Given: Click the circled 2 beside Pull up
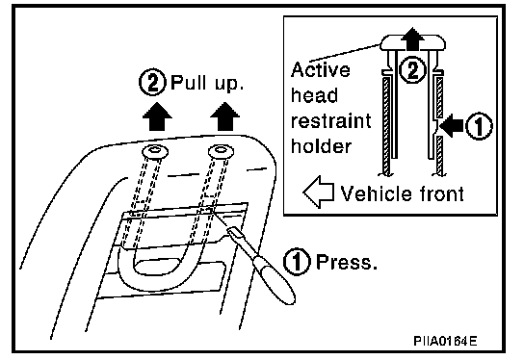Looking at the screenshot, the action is [x=152, y=83].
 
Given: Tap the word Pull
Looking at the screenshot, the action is [x=188, y=82].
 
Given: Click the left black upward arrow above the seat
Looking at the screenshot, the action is [x=157, y=116].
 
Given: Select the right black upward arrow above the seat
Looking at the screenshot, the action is [x=224, y=116].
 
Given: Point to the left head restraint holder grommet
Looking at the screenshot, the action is [x=155, y=152].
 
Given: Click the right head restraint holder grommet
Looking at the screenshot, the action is [x=221, y=151].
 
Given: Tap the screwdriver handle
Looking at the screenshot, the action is [x=274, y=278].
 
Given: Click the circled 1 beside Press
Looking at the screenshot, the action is [x=297, y=262].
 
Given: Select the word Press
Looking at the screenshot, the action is [x=347, y=262].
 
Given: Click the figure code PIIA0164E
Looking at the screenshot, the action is [x=445, y=341].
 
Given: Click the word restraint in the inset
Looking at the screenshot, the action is [x=330, y=121].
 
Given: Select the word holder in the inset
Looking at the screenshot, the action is [x=321, y=146].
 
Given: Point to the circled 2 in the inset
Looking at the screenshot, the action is [x=413, y=70].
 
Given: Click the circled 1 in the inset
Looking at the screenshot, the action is [x=480, y=126].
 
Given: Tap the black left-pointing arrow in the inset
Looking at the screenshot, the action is [x=452, y=126].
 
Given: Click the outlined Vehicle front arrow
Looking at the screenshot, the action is [x=319, y=192].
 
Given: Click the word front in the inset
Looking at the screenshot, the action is [x=441, y=193].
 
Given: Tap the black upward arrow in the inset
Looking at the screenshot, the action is [x=412, y=39].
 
